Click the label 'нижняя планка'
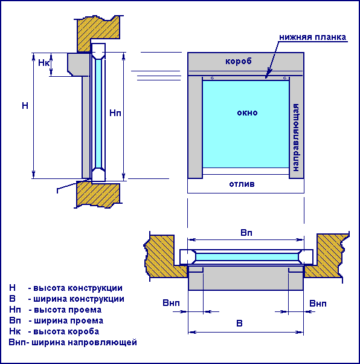pyautogui.click(x=312, y=37)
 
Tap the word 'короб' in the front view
pyautogui.click(x=239, y=61)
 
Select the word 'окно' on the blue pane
pyautogui.click(x=247, y=113)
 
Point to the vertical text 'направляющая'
pyautogui.click(x=296, y=138)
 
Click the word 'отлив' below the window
pyautogui.click(x=242, y=184)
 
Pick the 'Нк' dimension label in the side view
pyautogui.click(x=43, y=63)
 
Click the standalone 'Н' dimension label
pyautogui.click(x=25, y=106)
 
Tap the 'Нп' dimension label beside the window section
pyautogui.click(x=115, y=113)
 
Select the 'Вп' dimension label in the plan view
pyautogui.click(x=246, y=233)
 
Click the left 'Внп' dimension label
pyautogui.click(x=171, y=303)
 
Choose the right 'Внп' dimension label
pyautogui.click(x=318, y=304)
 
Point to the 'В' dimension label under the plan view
pyautogui.click(x=239, y=323)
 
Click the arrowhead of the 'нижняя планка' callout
pyautogui.click(x=267, y=76)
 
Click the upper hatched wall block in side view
pyautogui.click(x=98, y=33)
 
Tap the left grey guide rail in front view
pyautogui.click(x=195, y=127)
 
